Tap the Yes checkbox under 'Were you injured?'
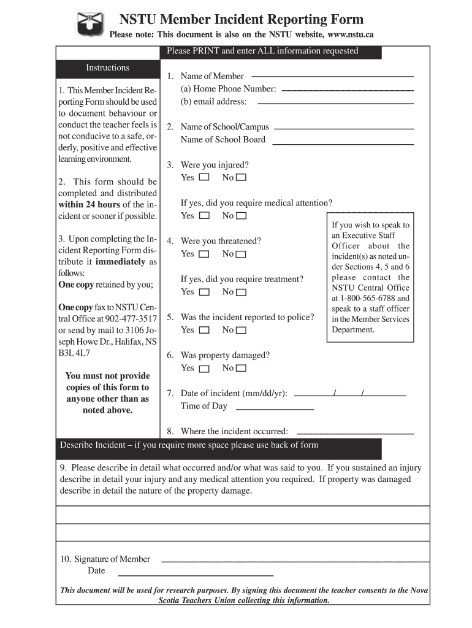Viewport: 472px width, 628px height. click(x=204, y=178)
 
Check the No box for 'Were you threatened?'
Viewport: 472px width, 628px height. click(x=241, y=255)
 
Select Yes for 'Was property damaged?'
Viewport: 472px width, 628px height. click(x=204, y=369)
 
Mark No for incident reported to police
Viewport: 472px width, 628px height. click(x=241, y=331)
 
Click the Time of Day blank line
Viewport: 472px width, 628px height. click(x=275, y=408)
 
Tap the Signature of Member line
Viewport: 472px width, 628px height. click(x=294, y=561)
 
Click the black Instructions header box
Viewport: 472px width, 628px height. click(x=108, y=68)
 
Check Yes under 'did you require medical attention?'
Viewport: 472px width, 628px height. click(x=204, y=216)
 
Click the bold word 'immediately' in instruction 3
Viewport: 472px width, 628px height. click(x=121, y=261)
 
